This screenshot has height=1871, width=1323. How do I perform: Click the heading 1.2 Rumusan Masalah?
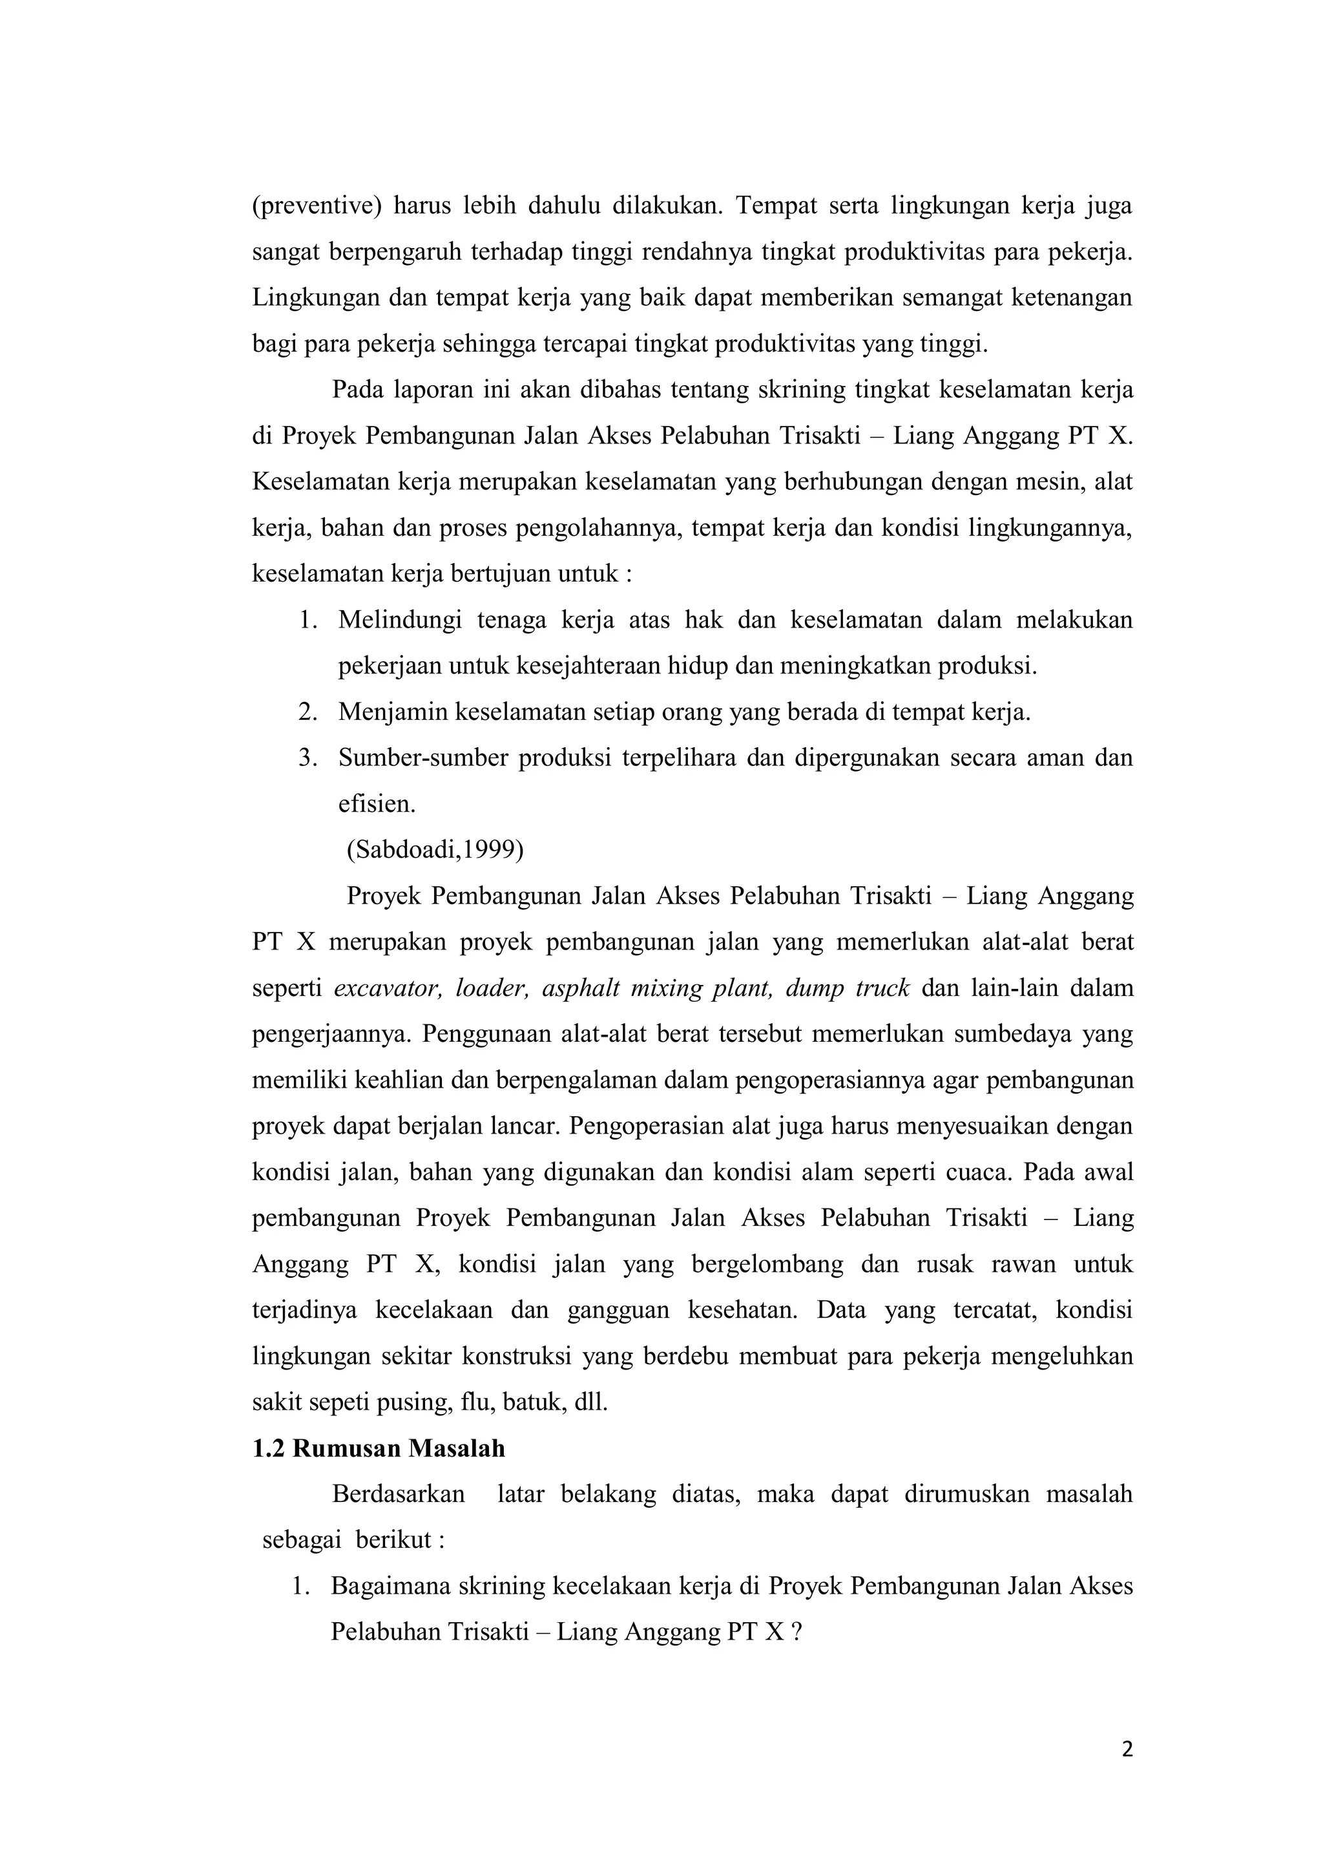[x=378, y=1448]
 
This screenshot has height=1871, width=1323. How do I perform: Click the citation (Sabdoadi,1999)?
[x=435, y=849]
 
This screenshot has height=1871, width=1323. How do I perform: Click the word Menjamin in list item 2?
[x=393, y=712]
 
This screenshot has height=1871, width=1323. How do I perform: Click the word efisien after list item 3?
[x=377, y=804]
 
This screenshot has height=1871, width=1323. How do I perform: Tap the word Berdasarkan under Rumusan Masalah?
[x=399, y=1494]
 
